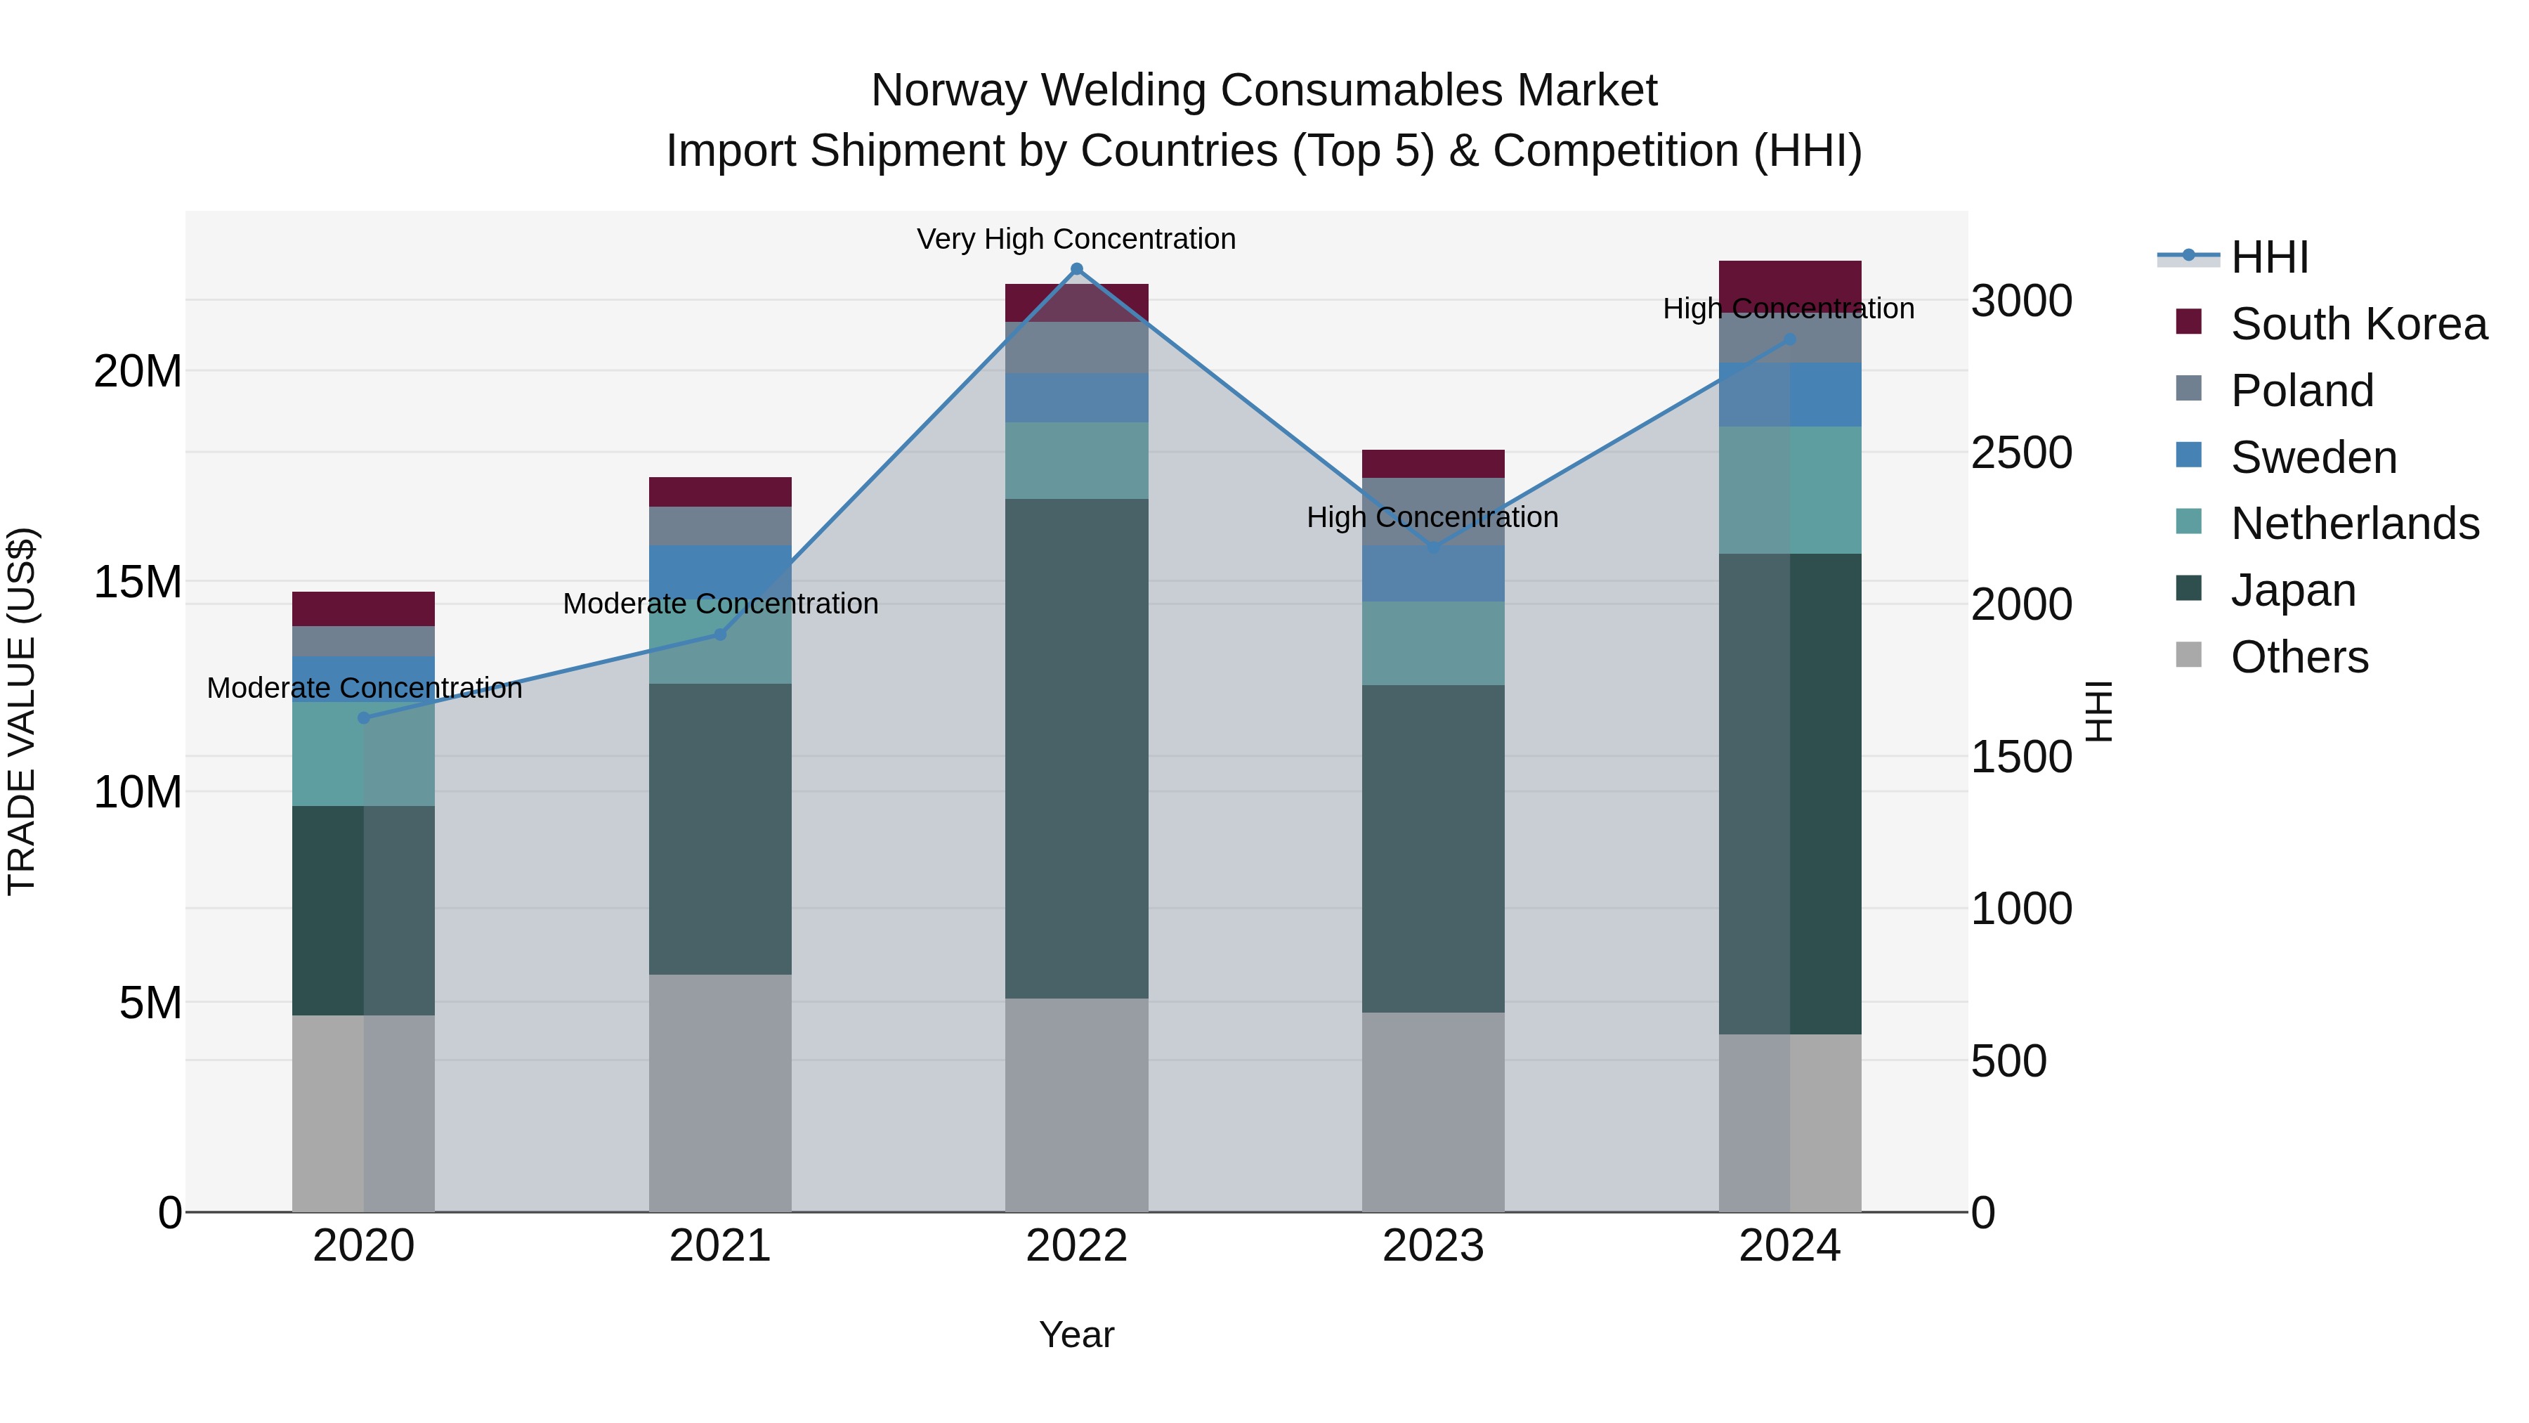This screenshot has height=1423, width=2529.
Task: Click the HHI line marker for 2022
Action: tap(1076, 269)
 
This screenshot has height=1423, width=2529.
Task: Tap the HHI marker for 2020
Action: tap(363, 718)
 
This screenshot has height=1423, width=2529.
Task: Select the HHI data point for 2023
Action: tap(1432, 547)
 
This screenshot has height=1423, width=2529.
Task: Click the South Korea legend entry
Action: tap(2358, 324)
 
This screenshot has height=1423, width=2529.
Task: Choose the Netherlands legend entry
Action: tap(2354, 524)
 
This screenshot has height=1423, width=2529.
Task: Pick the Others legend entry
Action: tap(2299, 657)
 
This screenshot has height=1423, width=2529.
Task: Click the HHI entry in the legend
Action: tap(2269, 257)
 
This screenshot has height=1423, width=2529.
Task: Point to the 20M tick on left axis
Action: tap(138, 371)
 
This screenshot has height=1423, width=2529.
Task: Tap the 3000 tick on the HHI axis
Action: tap(2021, 301)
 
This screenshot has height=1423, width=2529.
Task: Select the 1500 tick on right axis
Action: tap(2021, 757)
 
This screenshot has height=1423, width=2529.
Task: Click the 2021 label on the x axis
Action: tap(719, 1246)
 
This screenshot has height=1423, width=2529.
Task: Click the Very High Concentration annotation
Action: tap(1076, 239)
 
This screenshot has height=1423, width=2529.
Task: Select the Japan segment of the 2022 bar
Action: tap(1076, 748)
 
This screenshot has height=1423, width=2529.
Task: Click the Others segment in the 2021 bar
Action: tap(719, 1093)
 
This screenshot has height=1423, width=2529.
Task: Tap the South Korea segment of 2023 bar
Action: tap(1432, 464)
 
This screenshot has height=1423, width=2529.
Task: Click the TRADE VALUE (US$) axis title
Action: tap(22, 711)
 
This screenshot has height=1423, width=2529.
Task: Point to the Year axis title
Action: tap(1076, 1334)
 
